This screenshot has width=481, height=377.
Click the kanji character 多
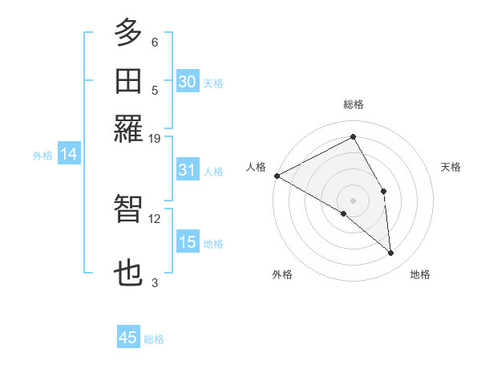(129, 33)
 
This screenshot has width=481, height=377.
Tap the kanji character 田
(129, 82)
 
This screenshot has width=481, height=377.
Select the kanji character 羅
(129, 129)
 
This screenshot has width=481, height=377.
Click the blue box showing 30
(188, 82)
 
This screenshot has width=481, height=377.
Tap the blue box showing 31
(188, 170)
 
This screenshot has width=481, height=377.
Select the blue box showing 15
(188, 242)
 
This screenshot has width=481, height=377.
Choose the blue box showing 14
(69, 155)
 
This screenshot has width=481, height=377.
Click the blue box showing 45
(128, 338)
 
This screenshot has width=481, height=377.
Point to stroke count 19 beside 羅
(155, 138)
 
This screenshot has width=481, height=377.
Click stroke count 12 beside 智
(155, 218)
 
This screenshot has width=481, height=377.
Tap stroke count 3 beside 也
(155, 282)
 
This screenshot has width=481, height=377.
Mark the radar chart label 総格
(354, 104)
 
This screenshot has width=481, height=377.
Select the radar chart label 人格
(257, 167)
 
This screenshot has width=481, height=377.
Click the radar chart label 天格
(451, 167)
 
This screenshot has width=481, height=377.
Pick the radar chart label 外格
(282, 274)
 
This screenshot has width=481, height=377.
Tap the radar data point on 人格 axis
(277, 176)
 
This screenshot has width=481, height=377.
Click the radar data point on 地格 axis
(391, 253)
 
